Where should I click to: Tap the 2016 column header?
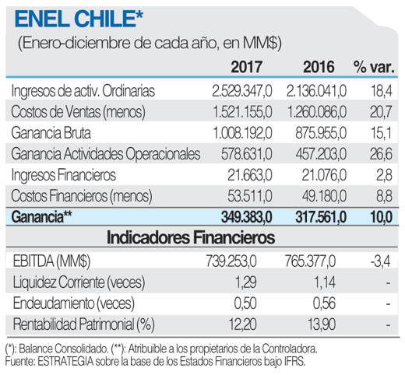point(318,68)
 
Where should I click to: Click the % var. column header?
point(374,68)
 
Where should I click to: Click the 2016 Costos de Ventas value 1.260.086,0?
point(308,112)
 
